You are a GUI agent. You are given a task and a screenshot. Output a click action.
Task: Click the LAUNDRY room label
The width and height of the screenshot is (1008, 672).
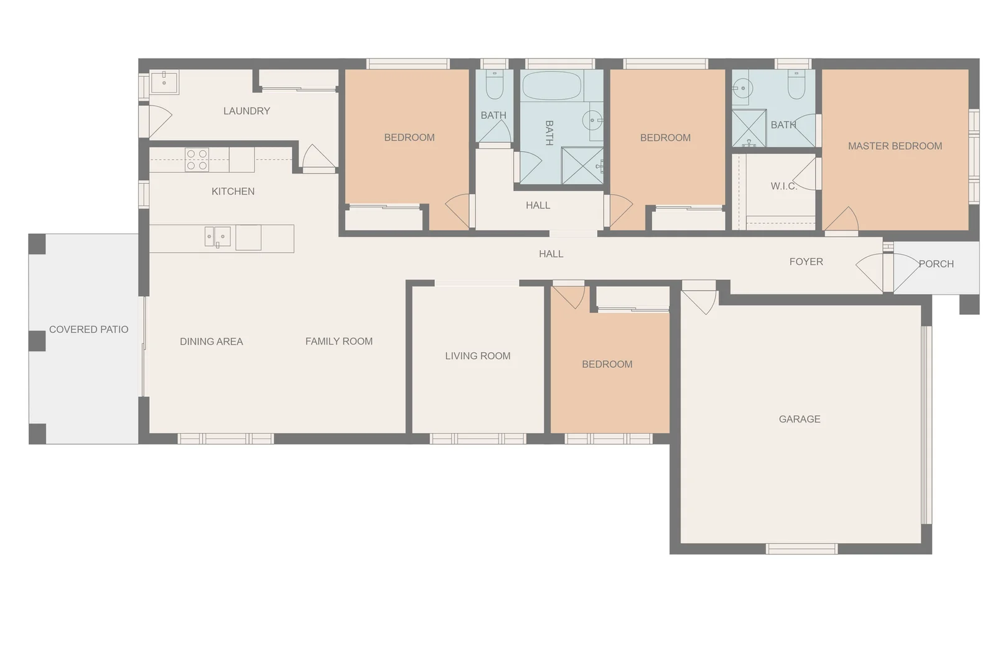coord(246,111)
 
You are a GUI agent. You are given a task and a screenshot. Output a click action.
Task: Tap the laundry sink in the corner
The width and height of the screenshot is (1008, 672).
coord(164,82)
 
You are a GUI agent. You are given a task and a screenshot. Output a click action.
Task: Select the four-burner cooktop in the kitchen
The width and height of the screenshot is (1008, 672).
coord(197,160)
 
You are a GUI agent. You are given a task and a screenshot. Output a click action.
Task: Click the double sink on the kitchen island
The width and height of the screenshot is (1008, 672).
coord(218,236)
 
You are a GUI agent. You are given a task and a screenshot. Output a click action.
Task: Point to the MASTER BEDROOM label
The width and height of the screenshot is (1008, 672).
coord(895,146)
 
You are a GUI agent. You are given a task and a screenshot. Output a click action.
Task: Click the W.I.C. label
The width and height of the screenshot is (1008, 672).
coord(783,186)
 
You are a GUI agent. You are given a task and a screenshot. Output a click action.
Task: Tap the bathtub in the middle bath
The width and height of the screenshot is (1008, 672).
coord(552,86)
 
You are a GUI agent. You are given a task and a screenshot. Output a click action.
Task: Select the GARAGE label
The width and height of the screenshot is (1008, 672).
coord(800,419)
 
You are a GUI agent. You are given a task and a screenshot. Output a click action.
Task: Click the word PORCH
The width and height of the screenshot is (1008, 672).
coord(936,264)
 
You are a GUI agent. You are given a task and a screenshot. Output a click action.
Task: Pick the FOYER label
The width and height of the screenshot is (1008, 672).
coord(806,262)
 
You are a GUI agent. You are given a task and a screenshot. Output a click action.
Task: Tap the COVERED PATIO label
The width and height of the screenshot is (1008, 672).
coord(88,330)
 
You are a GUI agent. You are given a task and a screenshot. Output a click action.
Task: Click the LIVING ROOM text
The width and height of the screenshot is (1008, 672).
coord(477,356)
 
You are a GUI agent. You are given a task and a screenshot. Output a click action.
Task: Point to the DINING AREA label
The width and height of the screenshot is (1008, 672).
coord(211,342)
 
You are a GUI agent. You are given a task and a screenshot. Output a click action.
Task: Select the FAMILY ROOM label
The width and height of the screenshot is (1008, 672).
coord(338,341)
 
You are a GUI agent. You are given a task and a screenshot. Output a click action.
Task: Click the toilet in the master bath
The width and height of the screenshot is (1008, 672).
coord(796,85)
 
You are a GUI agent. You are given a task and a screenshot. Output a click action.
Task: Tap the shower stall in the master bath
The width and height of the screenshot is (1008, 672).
coord(749,129)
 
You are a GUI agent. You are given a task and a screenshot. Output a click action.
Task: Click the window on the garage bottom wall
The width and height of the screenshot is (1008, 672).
coord(801,549)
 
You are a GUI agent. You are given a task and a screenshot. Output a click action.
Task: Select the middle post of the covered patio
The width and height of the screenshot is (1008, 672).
coord(37,341)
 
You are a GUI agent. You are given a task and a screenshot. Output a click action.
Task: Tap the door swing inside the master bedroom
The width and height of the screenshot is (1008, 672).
coord(842,219)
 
